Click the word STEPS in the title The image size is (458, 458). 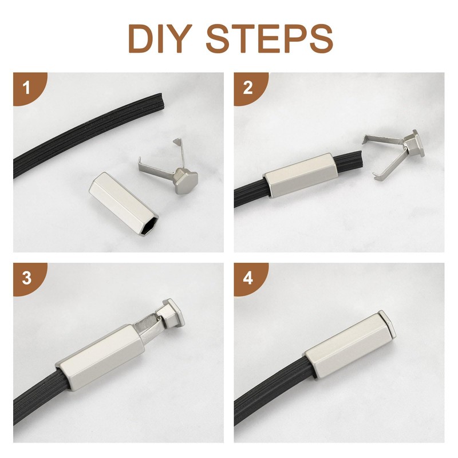pos(270,38)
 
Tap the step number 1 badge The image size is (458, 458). pos(30,88)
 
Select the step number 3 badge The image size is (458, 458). pos(30,278)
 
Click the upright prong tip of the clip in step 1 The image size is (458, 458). pos(177,141)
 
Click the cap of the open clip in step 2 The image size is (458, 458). pos(414,144)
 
